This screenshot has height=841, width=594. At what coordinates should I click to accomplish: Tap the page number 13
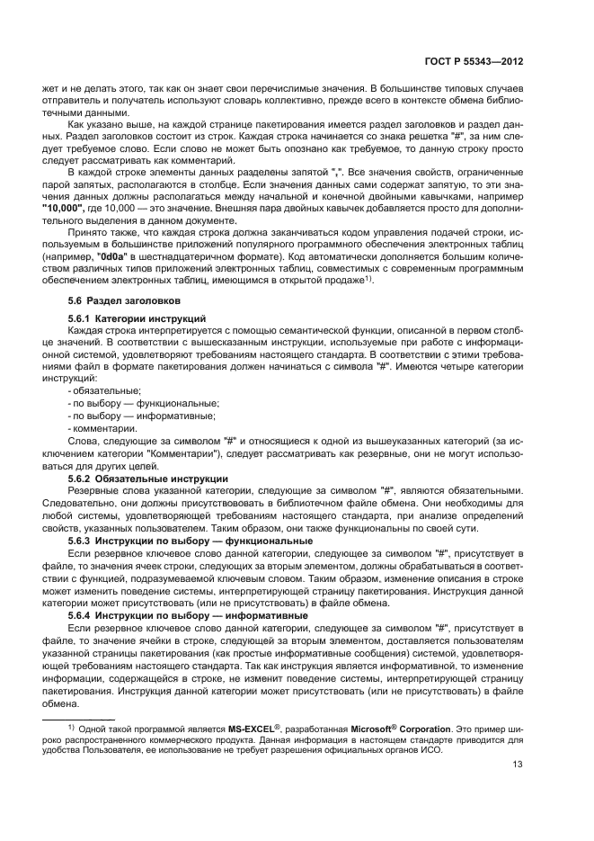[x=518, y=765]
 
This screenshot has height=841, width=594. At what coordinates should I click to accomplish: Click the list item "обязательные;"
[x=106, y=390]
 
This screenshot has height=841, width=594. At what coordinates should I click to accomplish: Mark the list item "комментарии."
[x=103, y=428]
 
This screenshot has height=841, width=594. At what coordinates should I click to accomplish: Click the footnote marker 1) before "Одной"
[x=68, y=725]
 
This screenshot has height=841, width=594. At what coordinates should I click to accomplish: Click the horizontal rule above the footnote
[x=80, y=718]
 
